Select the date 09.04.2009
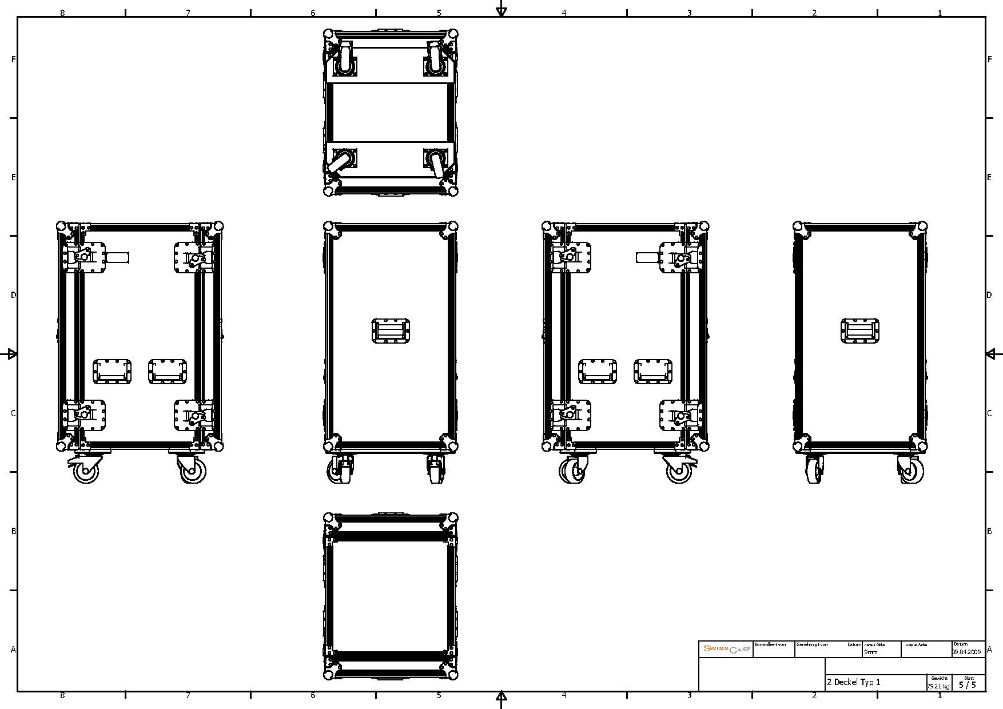coord(966,652)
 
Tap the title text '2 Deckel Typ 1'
coord(853,682)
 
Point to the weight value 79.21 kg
coord(938,686)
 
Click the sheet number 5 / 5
coord(968,684)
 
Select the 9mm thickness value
coord(870,652)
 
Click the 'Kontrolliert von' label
coord(770,644)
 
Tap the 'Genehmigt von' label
coord(812,644)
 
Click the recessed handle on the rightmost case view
coord(860,331)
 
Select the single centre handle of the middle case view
coord(391,331)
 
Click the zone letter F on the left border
coord(13,59)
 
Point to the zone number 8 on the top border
coord(62,12)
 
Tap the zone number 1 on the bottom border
coord(939,696)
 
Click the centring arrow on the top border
coord(502,10)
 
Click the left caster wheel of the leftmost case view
coord(86,471)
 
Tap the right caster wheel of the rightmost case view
coord(910,471)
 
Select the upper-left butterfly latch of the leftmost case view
coord(85,257)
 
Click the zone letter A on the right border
coord(990,650)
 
